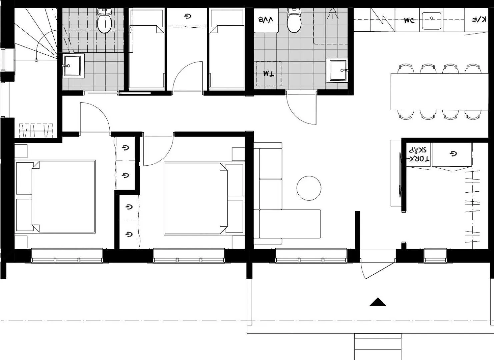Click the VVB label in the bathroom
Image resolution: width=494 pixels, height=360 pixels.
(266, 20)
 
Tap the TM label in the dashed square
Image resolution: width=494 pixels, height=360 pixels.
(268, 74)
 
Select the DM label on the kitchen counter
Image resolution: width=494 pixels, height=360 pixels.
(409, 20)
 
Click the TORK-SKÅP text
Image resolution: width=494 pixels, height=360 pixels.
(419, 154)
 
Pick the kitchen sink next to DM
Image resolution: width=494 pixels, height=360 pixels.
(431, 21)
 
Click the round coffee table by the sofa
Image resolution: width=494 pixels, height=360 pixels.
(309, 188)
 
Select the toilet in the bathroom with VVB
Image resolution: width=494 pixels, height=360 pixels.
(294, 21)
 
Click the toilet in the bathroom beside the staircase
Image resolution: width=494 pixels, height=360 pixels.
(104, 21)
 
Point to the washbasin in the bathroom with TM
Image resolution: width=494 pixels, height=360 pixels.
(338, 70)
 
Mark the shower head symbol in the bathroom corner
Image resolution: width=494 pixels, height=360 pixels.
(332, 13)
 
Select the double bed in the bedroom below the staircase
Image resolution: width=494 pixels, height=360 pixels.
(63, 197)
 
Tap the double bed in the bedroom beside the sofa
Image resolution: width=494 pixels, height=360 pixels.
(196, 199)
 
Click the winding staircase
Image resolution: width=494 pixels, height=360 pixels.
(37, 37)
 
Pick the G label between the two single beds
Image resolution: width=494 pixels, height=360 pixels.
(188, 16)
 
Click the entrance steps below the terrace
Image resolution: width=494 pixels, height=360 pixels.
(378, 347)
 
